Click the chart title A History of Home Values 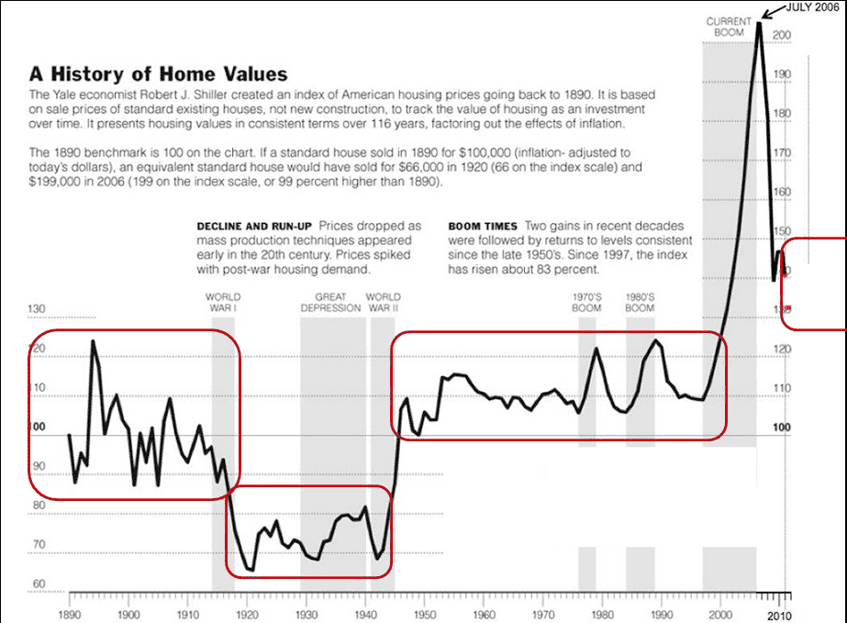159,74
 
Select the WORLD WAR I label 222,303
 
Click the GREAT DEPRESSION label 331,303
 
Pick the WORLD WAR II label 383,303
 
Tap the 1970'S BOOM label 586,303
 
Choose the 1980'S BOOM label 640,303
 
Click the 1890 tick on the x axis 70,614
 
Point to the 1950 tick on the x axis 425,614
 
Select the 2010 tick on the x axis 779,614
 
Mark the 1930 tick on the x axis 306,614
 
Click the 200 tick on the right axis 782,35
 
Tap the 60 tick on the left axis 39,584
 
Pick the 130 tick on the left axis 39,310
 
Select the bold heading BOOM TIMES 483,226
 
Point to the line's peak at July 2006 758,22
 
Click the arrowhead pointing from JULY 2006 763,16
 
